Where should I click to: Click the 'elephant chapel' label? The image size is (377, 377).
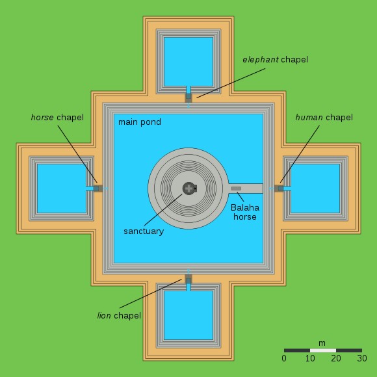[276, 60]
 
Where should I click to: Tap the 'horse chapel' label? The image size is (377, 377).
[57, 118]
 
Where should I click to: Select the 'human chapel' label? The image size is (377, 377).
[324, 118]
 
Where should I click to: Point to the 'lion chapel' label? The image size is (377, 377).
[119, 315]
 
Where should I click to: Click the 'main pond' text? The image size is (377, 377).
[140, 122]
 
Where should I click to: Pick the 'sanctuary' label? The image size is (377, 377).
[144, 231]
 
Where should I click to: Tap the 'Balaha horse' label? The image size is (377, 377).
[245, 212]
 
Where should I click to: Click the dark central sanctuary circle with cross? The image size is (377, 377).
[189, 188]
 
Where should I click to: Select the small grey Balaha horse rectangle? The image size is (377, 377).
[236, 188]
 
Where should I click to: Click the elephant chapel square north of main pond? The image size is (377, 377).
[188, 98]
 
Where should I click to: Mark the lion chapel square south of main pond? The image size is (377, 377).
[188, 279]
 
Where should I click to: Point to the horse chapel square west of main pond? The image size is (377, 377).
[98, 188]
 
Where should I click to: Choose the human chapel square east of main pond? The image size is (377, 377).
[279, 188]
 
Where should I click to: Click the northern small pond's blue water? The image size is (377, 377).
[188, 62]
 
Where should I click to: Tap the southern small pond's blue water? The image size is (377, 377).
[188, 315]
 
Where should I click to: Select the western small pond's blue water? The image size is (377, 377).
[62, 188]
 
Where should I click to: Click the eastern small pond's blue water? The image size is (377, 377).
[315, 188]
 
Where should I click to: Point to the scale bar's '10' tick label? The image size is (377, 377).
[310, 358]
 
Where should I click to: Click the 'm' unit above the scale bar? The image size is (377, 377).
[322, 343]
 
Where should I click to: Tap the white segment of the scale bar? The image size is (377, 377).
[323, 350]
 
